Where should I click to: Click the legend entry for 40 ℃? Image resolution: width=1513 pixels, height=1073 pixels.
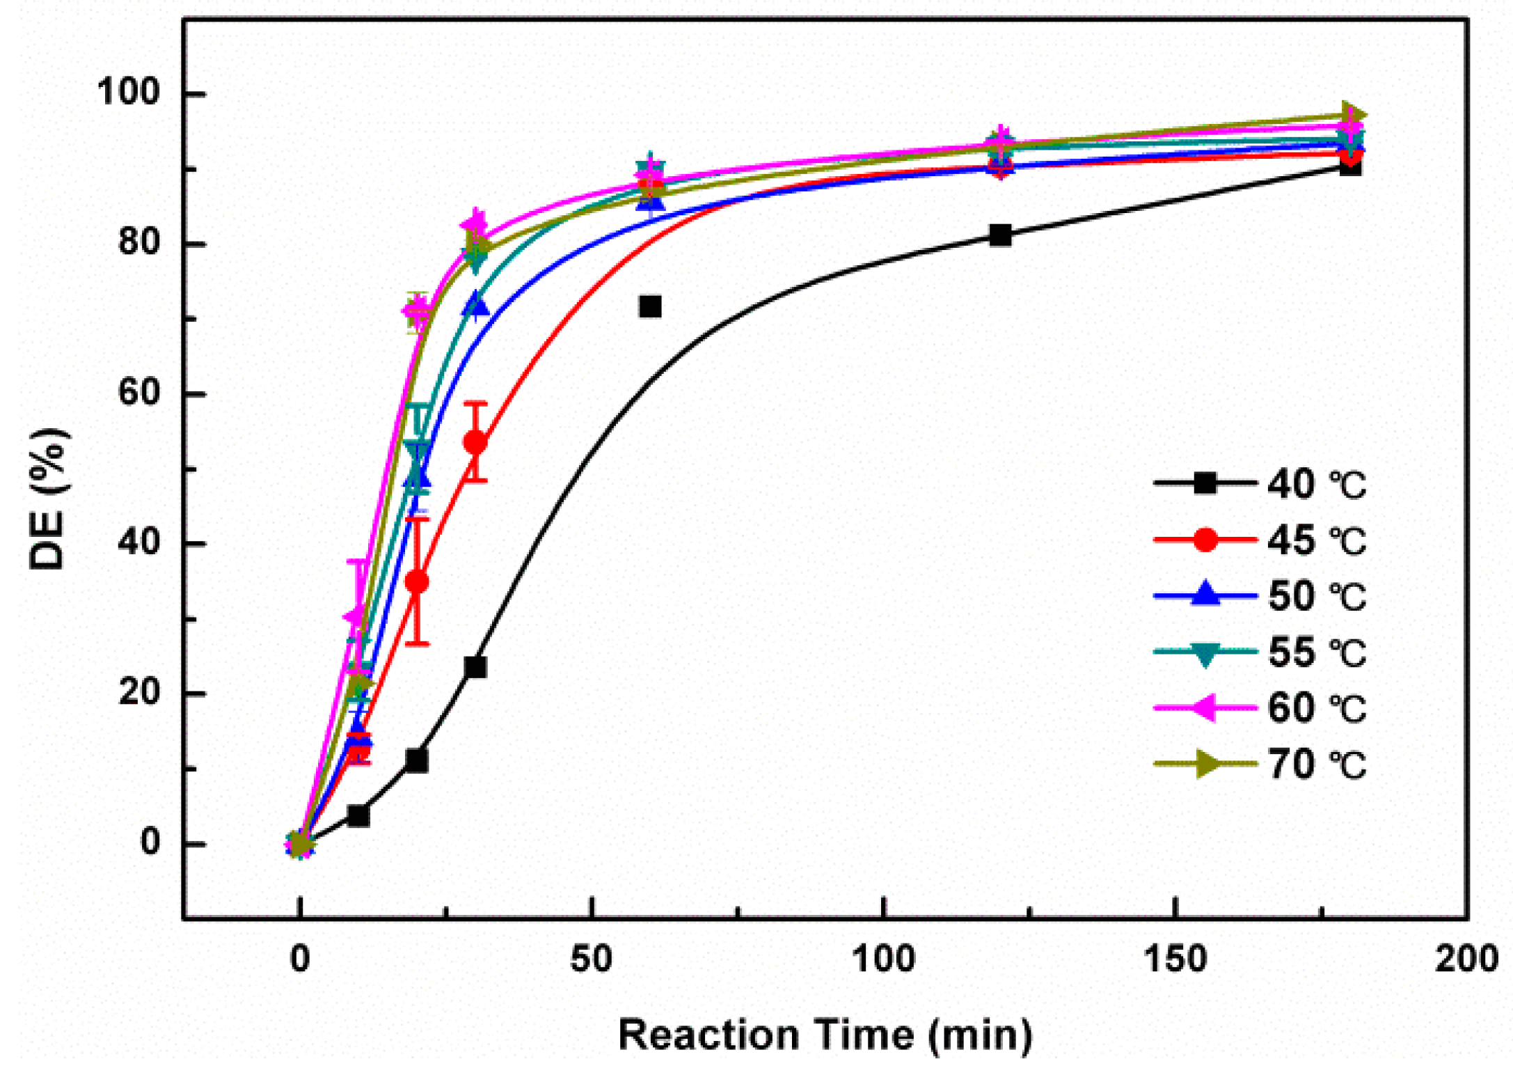1260,483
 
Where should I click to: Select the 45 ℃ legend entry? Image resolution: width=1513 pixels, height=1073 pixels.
1260,540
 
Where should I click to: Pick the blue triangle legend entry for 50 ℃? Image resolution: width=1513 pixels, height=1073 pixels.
1260,596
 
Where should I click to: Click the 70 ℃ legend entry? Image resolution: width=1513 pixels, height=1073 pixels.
1260,764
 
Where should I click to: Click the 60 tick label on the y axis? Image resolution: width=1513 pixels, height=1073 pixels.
138,393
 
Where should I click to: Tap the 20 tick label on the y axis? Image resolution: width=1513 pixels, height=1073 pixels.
138,694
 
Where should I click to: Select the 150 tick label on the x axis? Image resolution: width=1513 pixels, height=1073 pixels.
1175,960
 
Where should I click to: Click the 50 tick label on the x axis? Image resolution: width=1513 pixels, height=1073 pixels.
591,960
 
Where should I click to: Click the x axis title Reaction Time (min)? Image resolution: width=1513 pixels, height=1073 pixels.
825,1035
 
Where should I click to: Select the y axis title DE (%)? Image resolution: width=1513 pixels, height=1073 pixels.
49,499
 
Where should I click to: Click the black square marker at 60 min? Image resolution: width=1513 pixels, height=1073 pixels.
650,306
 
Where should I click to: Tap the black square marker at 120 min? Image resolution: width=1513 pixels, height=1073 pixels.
1000,235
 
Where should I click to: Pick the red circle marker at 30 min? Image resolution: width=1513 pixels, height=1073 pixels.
475,442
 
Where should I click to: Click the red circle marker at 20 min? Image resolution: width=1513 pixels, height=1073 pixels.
417,582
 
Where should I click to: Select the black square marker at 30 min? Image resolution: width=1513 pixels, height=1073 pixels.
475,667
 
